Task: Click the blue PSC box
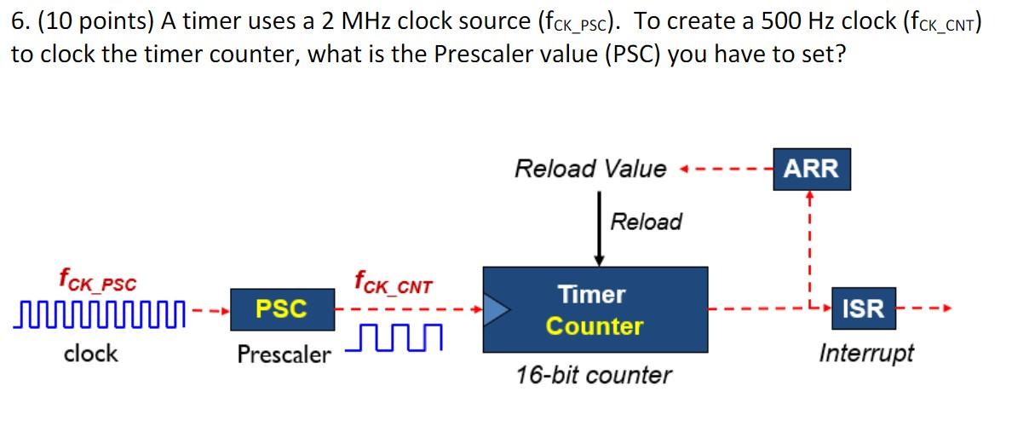pyautogui.click(x=281, y=308)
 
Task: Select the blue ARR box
pyautogui.click(x=810, y=168)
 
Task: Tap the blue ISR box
pyautogui.click(x=863, y=308)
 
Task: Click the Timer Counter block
pyautogui.click(x=595, y=310)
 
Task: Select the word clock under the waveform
pyautogui.click(x=91, y=353)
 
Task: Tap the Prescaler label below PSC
pyautogui.click(x=284, y=354)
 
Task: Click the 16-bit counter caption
pyautogui.click(x=594, y=375)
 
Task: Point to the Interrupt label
pyautogui.click(x=865, y=353)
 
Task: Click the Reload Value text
pyautogui.click(x=590, y=169)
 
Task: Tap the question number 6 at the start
pyautogui.click(x=18, y=21)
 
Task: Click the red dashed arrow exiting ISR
pyautogui.click(x=925, y=309)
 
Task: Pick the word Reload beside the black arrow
pyautogui.click(x=647, y=222)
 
